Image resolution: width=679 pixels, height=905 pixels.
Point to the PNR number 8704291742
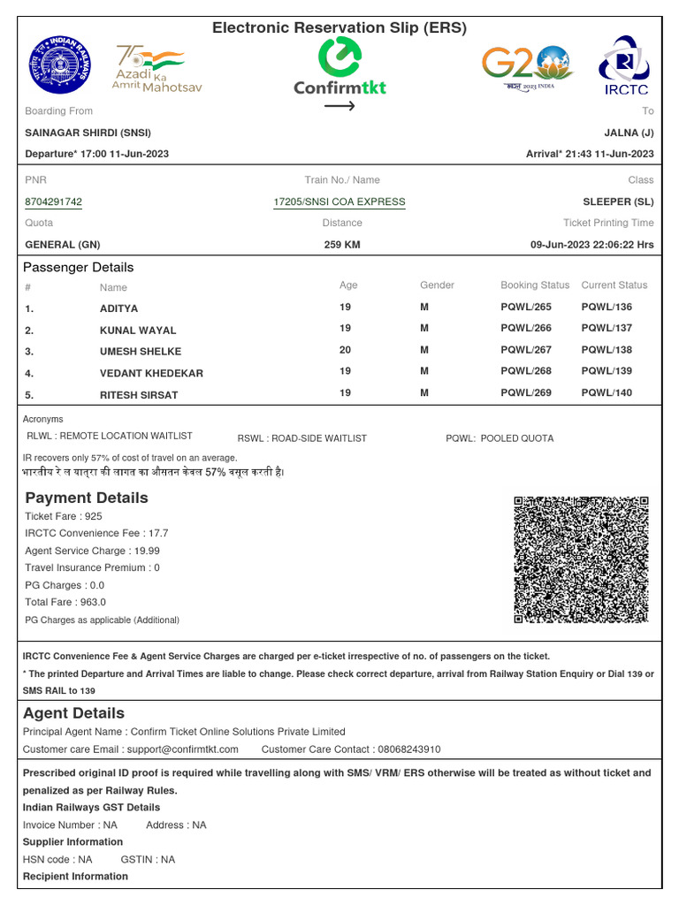53,202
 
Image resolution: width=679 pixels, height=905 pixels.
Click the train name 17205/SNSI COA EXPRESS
339,202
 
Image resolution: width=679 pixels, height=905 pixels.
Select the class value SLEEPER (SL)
618,202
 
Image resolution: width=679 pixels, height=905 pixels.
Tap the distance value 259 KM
342,245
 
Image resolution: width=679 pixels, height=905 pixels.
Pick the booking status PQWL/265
525,308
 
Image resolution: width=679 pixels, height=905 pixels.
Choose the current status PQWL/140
607,393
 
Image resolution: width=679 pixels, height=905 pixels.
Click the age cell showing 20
345,350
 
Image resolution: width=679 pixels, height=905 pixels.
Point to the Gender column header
437,285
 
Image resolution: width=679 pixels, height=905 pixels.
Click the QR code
581,559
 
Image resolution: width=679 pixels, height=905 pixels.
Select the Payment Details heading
87,498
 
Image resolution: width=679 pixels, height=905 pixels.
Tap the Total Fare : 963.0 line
60,602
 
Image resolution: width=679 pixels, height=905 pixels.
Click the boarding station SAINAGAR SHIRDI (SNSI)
88,133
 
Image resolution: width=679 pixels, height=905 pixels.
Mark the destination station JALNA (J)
629,133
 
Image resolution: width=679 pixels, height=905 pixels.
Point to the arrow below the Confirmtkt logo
339,106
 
